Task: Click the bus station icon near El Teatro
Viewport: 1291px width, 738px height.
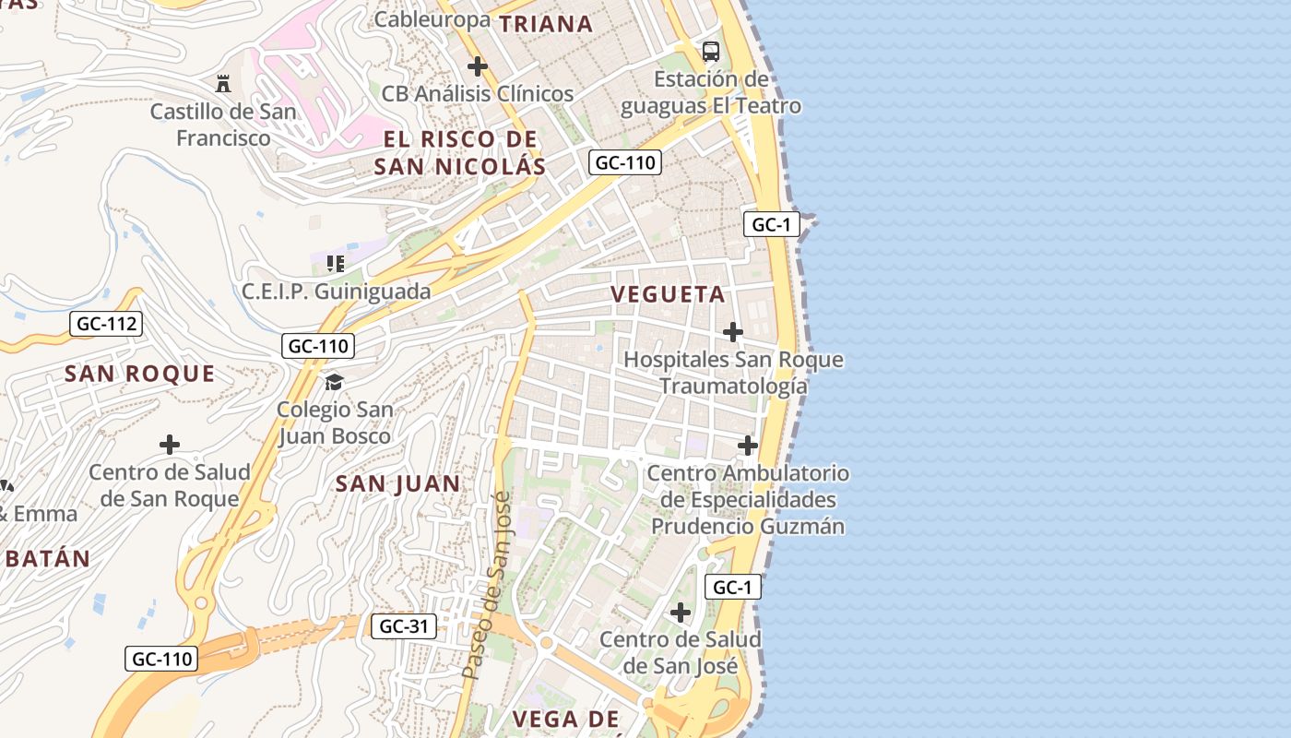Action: tap(710, 52)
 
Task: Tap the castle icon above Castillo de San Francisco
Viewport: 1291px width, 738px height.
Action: tap(223, 84)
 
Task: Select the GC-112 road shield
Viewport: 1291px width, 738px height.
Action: tap(107, 324)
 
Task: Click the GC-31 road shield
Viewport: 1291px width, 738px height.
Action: tap(404, 626)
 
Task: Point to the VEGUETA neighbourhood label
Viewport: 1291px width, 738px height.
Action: tap(669, 295)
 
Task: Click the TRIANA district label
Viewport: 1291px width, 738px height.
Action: tap(546, 25)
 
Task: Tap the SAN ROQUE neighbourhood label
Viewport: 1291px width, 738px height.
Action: tap(140, 374)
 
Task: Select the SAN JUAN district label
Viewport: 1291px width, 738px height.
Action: tap(397, 483)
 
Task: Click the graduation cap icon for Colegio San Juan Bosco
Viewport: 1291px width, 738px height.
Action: tap(334, 382)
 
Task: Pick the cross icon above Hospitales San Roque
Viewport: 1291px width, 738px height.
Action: tap(733, 332)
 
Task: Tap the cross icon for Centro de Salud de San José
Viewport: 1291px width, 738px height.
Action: tap(681, 613)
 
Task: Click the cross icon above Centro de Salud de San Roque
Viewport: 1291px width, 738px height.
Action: tap(170, 446)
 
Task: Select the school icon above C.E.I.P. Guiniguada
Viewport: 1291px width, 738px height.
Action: tap(336, 264)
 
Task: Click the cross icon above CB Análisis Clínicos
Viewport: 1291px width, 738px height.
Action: tap(478, 66)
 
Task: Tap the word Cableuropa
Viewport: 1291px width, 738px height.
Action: tap(432, 18)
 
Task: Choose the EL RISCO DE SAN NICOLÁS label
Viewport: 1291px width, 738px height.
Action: tap(461, 153)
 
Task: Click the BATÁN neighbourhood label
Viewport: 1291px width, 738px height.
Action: tap(46, 559)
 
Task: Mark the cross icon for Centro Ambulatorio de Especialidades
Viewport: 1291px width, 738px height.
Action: tap(748, 446)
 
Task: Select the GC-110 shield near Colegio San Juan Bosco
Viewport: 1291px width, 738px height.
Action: tap(318, 346)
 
